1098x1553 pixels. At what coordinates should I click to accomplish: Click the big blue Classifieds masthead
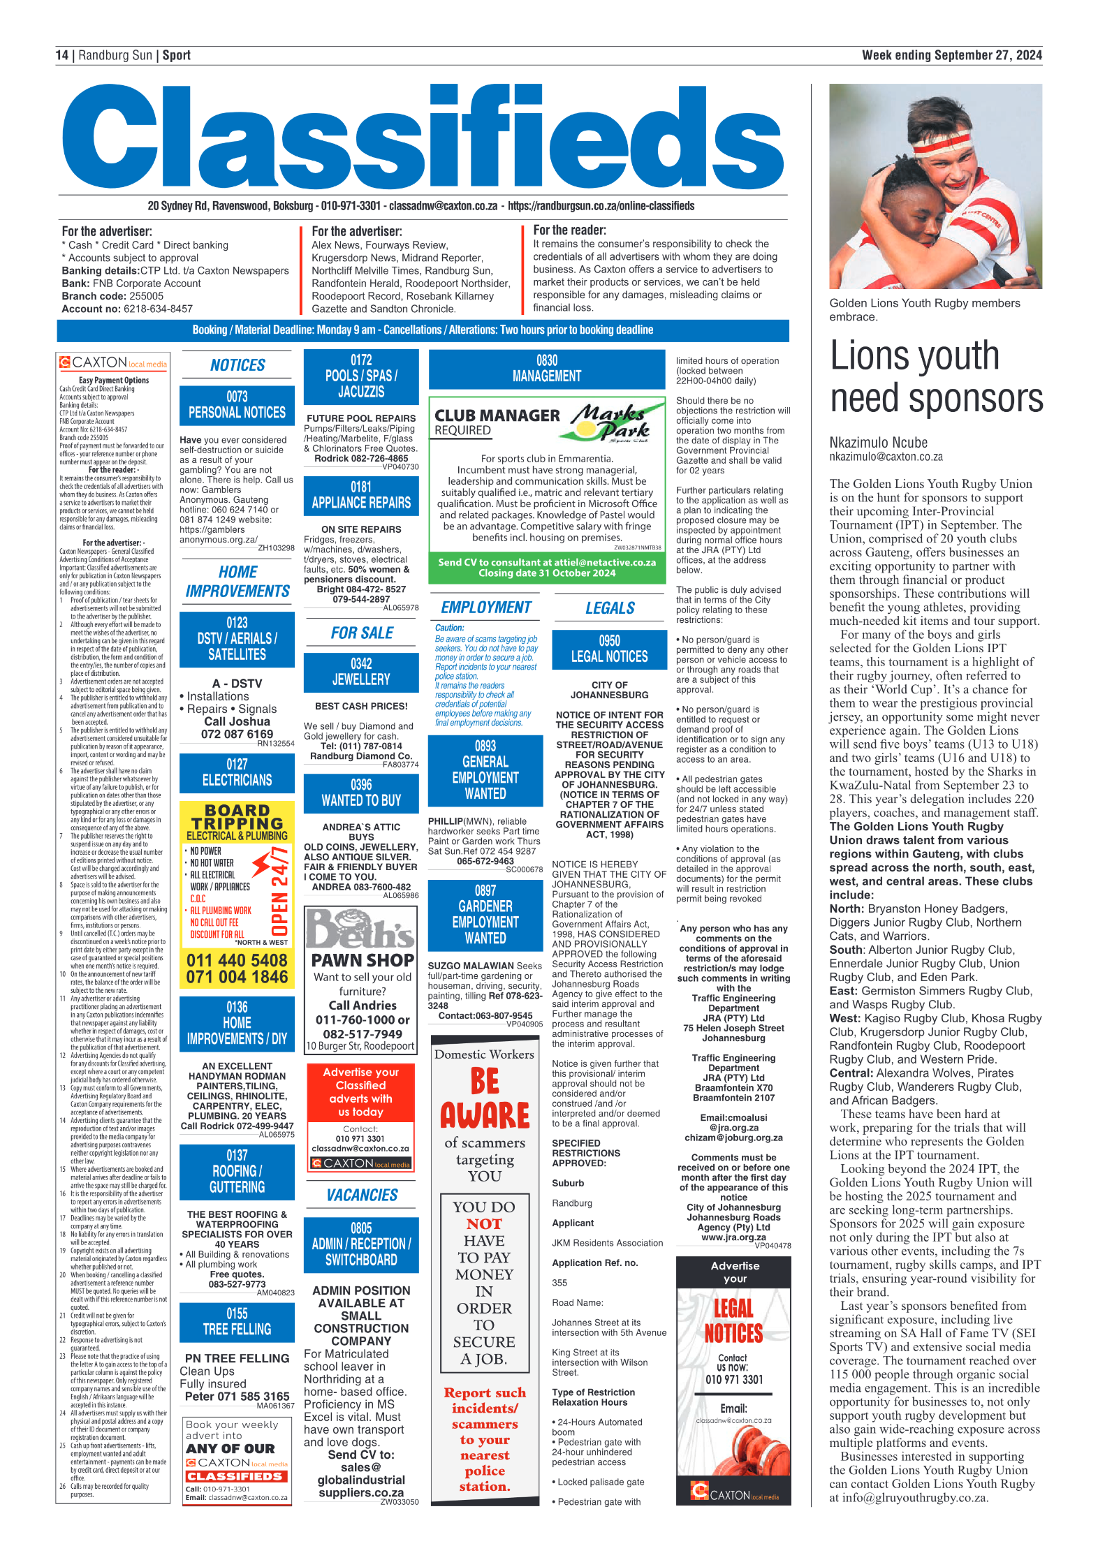pyautogui.click(x=423, y=137)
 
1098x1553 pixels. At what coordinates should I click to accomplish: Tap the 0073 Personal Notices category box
pyautogui.click(x=237, y=405)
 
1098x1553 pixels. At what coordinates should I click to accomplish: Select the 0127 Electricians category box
pyautogui.click(x=237, y=772)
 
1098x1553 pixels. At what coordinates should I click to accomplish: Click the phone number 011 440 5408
pyautogui.click(x=237, y=960)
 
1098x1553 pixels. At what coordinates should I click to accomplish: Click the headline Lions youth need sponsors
pyautogui.click(x=936, y=377)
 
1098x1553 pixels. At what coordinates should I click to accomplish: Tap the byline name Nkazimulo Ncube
pyautogui.click(x=878, y=443)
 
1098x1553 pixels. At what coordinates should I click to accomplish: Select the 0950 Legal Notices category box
pyautogui.click(x=609, y=649)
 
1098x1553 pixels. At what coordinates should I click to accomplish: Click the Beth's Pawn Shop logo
pyautogui.click(x=360, y=929)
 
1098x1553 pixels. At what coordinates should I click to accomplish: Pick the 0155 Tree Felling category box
pyautogui.click(x=237, y=1322)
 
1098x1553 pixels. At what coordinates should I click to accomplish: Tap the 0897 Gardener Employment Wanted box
pyautogui.click(x=485, y=914)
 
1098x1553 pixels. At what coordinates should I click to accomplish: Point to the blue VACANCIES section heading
pyautogui.click(x=362, y=1195)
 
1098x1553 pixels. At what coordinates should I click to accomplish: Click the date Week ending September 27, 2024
pyautogui.click(x=951, y=55)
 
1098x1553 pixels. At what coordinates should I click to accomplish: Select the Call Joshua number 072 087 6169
pyautogui.click(x=237, y=734)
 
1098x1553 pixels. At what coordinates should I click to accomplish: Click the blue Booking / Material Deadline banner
pyautogui.click(x=423, y=330)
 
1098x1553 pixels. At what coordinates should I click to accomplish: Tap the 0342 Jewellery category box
pyautogui.click(x=361, y=671)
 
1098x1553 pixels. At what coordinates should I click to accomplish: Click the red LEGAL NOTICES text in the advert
pyautogui.click(x=733, y=1321)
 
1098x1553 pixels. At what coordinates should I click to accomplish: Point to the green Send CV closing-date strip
pyautogui.click(x=547, y=567)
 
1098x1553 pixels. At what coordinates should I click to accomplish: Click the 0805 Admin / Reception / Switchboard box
pyautogui.click(x=361, y=1244)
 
